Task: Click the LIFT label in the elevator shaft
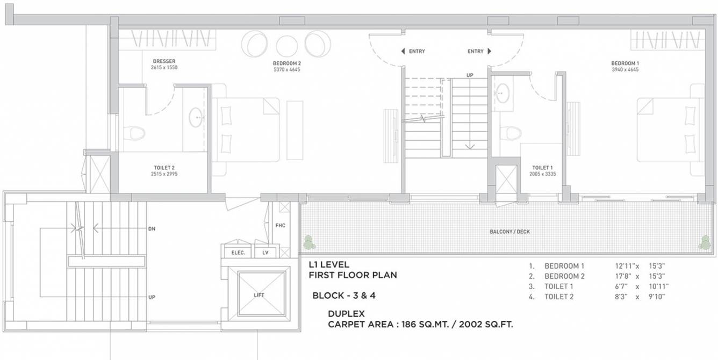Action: click(259, 295)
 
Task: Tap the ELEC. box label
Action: click(238, 253)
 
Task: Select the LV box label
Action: click(265, 253)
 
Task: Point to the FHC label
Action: click(280, 226)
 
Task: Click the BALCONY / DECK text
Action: click(509, 232)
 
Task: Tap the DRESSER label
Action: click(164, 61)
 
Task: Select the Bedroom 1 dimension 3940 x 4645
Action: click(624, 69)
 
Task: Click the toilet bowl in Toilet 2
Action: click(133, 132)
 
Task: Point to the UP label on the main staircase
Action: click(470, 75)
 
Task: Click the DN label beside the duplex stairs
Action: click(152, 228)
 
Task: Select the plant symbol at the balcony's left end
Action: click(308, 242)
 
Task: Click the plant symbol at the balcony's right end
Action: click(705, 242)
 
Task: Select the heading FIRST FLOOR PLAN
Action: click(353, 275)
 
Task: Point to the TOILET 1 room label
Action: click(543, 167)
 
